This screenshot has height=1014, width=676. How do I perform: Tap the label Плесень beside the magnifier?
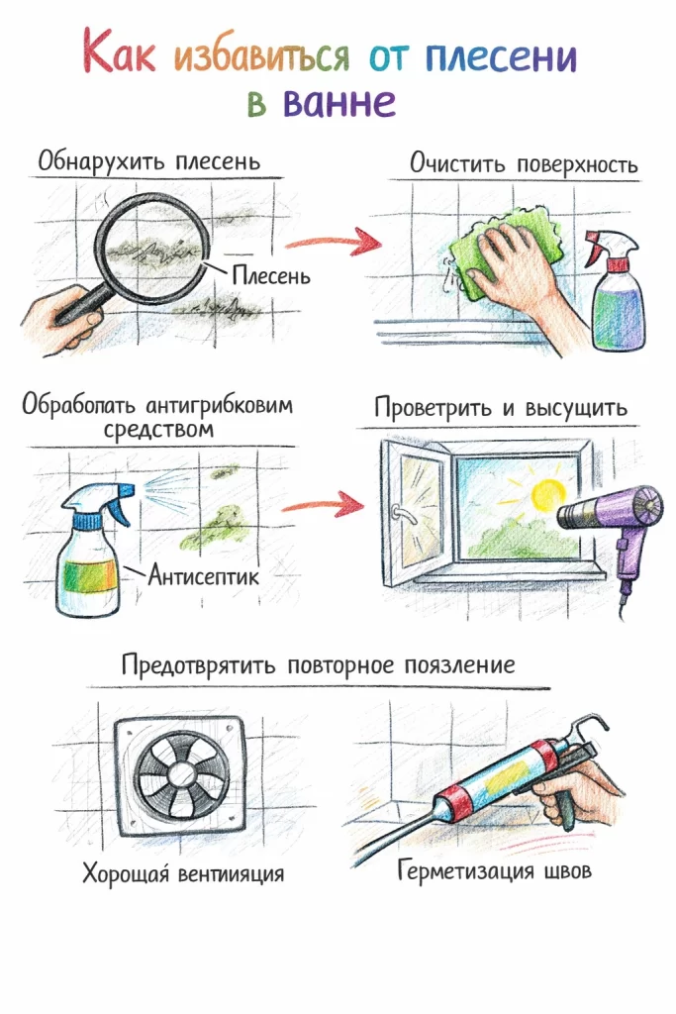270,274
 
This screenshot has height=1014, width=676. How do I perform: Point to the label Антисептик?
204,573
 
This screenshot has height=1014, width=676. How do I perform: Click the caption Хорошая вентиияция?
183,873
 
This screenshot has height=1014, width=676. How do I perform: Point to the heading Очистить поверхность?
524,163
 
